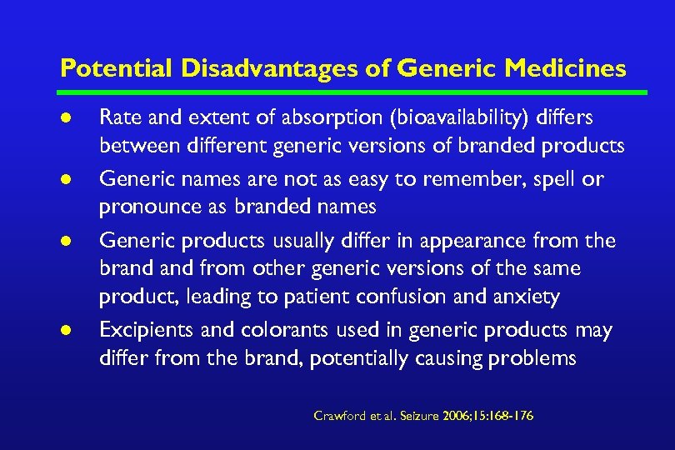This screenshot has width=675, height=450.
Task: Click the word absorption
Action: click(x=302, y=117)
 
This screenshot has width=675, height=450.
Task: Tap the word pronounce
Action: click(x=142, y=206)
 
